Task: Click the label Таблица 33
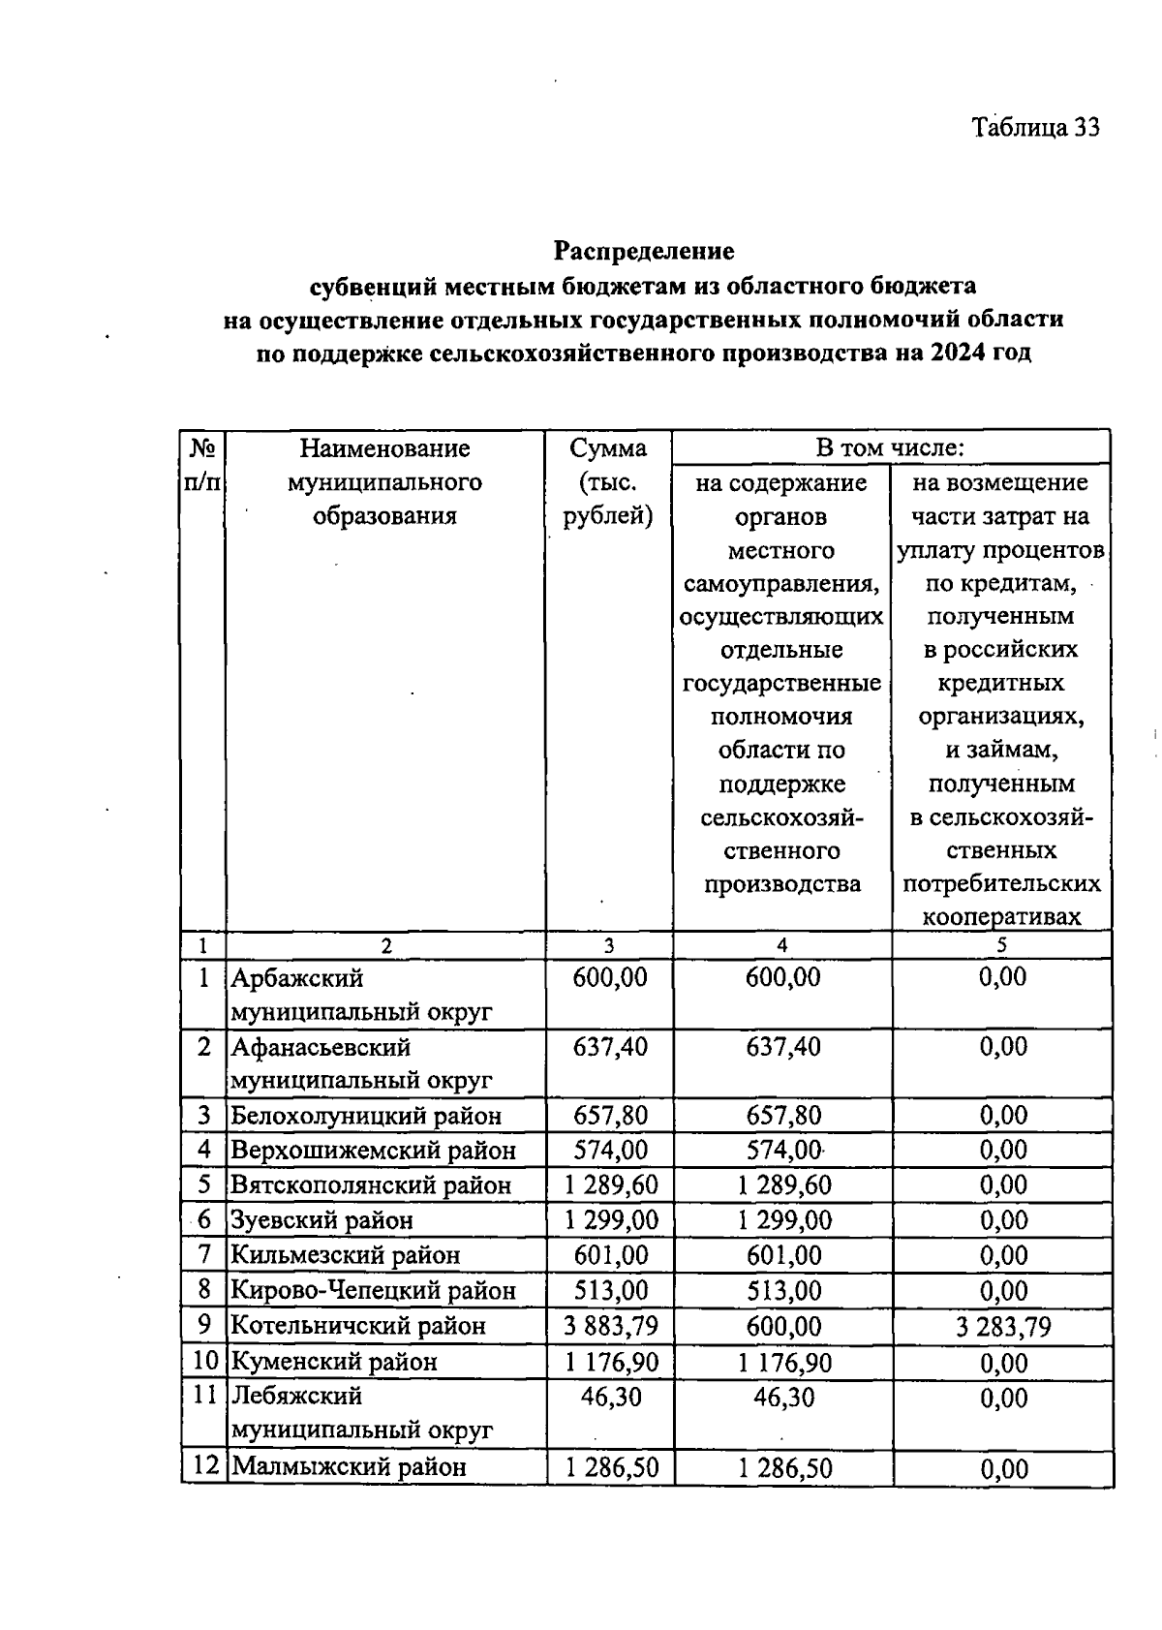[x=1035, y=128]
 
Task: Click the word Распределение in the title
[x=644, y=251]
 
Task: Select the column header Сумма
[x=608, y=448]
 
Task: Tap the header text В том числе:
[x=890, y=447]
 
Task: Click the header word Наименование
[x=384, y=448]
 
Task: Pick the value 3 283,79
[x=1002, y=1326]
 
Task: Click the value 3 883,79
[x=610, y=1326]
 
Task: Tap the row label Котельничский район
[x=357, y=1326]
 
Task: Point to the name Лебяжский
[x=295, y=1397]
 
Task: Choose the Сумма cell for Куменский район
[x=610, y=1362]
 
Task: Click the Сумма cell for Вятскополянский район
[x=610, y=1185]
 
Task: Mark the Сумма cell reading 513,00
[x=610, y=1290]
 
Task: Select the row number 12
[x=204, y=1466]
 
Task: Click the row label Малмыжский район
[x=350, y=1467]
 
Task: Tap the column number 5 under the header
[x=1002, y=945]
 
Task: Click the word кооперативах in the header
[x=1001, y=917]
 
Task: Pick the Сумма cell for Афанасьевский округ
[x=610, y=1047]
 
